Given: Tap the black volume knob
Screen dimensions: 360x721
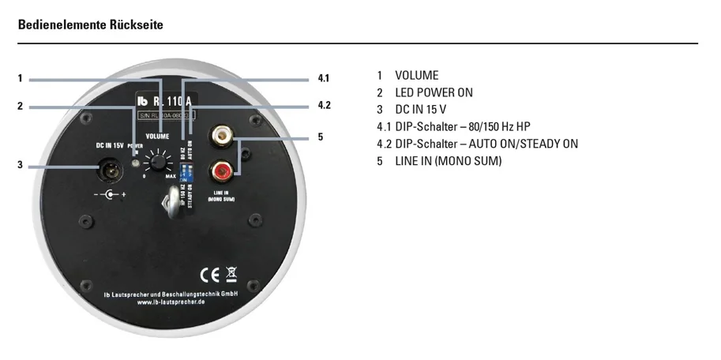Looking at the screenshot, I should [x=160, y=163].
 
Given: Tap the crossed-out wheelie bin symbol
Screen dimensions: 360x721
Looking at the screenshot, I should [x=231, y=276].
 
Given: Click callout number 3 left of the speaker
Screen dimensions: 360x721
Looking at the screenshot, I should [x=21, y=164].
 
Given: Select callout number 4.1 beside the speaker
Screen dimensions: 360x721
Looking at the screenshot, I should [x=323, y=78].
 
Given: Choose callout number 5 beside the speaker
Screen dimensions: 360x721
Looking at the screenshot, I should [x=320, y=137].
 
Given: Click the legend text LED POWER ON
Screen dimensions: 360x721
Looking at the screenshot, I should [x=434, y=92].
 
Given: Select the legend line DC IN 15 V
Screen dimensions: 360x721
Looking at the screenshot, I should [x=421, y=110].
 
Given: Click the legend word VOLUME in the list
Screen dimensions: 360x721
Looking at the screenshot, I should [x=416, y=76].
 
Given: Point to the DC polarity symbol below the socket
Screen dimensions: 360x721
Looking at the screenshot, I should [x=109, y=193].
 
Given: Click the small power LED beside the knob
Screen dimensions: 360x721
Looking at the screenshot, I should [x=137, y=163].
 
